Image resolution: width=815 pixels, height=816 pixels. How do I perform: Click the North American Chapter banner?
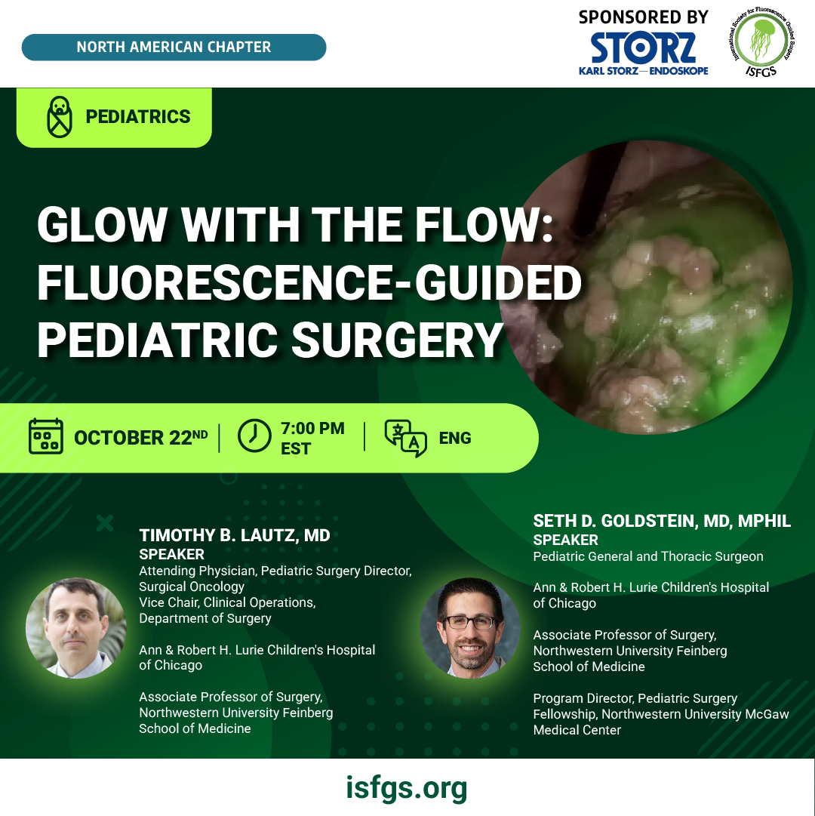tap(174, 48)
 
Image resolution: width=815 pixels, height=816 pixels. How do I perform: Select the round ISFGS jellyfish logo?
tap(761, 42)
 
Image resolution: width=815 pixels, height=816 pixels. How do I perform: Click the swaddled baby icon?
tap(60, 116)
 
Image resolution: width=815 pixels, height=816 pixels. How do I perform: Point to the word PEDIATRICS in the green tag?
tap(138, 116)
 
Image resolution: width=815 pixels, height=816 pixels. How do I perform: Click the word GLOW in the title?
tap(102, 225)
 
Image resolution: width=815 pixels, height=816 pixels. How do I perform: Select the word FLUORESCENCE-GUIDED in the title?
tap(309, 282)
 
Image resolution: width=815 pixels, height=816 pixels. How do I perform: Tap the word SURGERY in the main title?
tap(397, 340)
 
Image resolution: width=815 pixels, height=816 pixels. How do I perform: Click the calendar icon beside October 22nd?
tap(46, 436)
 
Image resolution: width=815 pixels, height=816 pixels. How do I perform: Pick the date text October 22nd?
tap(140, 437)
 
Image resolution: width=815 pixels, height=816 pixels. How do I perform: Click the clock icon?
tap(254, 436)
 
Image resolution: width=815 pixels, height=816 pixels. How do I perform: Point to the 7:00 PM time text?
tap(312, 428)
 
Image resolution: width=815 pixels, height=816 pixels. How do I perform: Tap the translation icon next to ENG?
tap(406, 438)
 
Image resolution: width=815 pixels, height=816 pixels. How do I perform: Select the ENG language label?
tap(455, 438)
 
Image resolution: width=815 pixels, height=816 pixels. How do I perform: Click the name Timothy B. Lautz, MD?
tap(235, 535)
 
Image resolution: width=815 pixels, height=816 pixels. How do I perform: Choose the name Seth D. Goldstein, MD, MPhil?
tap(662, 521)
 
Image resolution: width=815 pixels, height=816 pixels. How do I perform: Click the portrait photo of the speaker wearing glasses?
tap(470, 627)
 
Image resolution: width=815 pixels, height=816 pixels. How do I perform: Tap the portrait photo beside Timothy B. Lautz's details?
tap(76, 627)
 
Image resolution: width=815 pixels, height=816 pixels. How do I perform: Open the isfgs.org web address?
tap(407, 788)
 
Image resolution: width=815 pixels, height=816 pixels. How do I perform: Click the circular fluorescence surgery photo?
tap(646, 288)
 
